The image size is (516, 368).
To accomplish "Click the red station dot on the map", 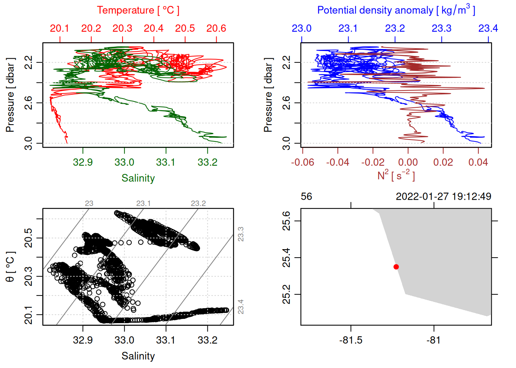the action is coord(396,267).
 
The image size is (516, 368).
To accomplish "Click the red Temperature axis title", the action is coord(138,10).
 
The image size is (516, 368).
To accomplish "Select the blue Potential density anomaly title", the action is coord(396,10).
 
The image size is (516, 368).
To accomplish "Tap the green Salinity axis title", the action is coord(138,178).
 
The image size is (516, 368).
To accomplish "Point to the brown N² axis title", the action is coord(396,175).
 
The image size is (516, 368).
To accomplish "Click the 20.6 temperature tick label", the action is coord(216,28).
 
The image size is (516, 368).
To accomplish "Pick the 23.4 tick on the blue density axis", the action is coord(488,28).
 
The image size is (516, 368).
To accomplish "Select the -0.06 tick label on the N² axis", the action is coord(303,163).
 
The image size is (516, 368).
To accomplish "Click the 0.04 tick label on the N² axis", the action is coord(478,163).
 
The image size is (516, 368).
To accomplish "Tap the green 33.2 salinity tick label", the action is coord(207,163).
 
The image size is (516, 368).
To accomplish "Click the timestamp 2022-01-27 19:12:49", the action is coord(443,196).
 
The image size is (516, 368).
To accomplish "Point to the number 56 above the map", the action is coord(306,197).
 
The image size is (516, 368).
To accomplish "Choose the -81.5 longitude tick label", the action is coord(351,340).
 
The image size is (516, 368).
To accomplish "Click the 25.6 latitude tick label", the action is coord(286,221).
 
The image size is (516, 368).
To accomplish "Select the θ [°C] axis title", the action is coord(10,267).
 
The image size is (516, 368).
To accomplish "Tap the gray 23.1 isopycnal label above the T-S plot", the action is coord(143,203).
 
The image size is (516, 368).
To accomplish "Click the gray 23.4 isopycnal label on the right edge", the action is coord(241,307).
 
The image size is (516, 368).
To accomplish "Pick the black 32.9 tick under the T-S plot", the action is coord(83,340).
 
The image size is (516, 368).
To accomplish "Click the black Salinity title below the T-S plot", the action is coord(138,356).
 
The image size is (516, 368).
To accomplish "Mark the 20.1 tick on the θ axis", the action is coord(28,314).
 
